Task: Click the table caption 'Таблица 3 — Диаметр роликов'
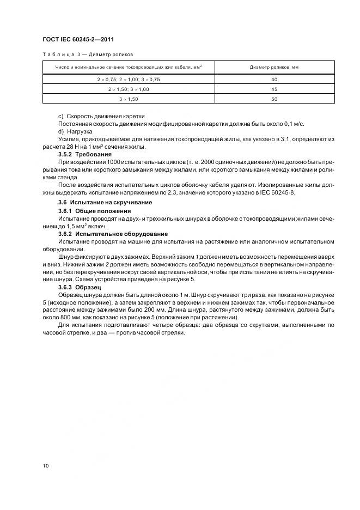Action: (87, 54)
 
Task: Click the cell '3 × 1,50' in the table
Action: (129, 99)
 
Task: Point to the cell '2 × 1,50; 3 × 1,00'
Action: (129, 89)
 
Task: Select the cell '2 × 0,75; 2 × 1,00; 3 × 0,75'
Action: (129, 80)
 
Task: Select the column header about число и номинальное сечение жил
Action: (129, 67)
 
